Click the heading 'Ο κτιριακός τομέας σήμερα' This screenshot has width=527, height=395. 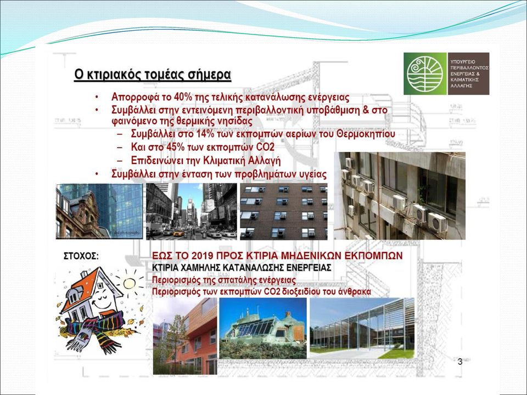(x=153, y=75)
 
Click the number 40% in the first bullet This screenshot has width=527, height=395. (x=183, y=98)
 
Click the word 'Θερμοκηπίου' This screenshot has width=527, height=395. (x=366, y=134)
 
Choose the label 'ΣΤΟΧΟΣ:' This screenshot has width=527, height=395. (x=81, y=256)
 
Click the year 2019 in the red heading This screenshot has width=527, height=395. (x=203, y=256)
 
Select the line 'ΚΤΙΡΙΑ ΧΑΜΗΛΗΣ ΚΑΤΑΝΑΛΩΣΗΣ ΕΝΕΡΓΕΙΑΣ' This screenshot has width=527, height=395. (x=242, y=268)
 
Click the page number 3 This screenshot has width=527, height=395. (x=460, y=362)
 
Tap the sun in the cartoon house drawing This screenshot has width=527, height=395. (x=129, y=284)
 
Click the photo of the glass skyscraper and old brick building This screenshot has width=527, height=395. (x=99, y=211)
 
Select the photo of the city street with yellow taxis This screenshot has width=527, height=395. (x=192, y=211)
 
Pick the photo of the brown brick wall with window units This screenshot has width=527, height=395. (x=284, y=211)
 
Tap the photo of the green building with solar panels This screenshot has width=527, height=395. (x=263, y=328)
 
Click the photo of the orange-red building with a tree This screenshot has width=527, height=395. (x=185, y=336)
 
